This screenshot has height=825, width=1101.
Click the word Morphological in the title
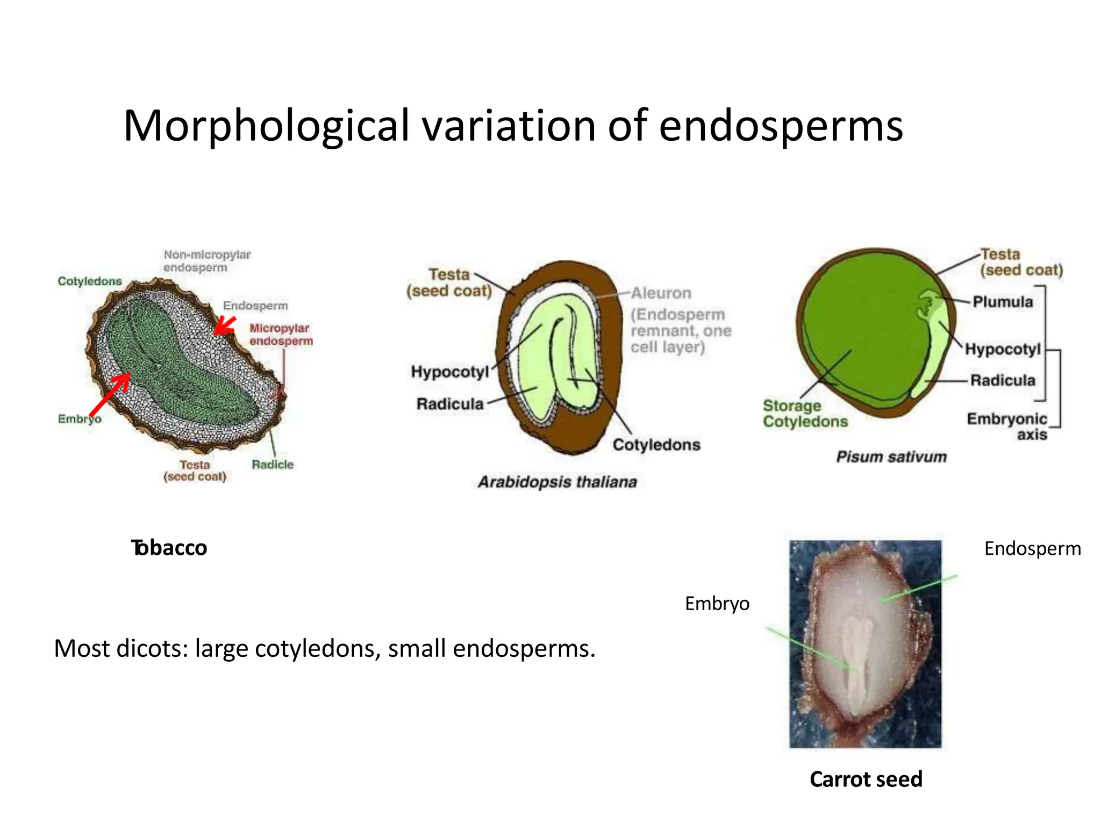point(267,127)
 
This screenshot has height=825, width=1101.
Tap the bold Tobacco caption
point(169,548)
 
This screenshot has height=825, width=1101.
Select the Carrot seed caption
point(866,779)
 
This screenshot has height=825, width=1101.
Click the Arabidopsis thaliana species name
point(557,482)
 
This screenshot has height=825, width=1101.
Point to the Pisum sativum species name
point(891,457)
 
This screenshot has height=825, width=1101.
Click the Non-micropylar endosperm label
point(207,261)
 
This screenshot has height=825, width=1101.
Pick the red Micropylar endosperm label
point(281,335)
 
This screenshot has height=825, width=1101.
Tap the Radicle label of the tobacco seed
point(273,465)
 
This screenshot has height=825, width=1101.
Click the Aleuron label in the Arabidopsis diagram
point(661,293)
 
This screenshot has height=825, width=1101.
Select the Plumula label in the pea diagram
point(1003,302)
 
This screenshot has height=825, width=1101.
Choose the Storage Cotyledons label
point(805,414)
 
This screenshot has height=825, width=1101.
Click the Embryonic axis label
point(1007,426)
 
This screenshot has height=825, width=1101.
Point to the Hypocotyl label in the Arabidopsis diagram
point(450,372)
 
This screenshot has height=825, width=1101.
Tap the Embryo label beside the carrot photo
point(717,604)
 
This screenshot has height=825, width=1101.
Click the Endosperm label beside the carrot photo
point(1032,548)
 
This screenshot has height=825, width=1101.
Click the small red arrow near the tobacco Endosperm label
point(225,325)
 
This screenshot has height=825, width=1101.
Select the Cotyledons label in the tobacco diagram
point(90,281)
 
